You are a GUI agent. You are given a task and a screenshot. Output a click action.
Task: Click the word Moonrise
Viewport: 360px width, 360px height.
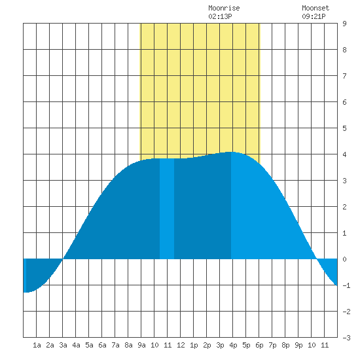[224, 8]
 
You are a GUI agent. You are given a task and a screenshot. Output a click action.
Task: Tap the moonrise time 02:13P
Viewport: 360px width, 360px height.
[220, 16]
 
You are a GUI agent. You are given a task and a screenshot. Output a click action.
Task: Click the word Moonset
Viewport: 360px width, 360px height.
[315, 8]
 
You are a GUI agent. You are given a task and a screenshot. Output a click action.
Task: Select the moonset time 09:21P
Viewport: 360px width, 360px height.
[314, 16]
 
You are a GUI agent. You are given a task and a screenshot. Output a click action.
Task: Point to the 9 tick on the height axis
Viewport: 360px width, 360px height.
[344, 24]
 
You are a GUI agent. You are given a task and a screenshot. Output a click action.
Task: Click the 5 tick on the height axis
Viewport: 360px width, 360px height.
[344, 128]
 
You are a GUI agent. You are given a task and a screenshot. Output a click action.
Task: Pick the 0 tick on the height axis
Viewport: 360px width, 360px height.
[344, 259]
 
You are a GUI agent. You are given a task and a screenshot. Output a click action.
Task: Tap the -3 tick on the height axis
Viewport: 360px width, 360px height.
[346, 338]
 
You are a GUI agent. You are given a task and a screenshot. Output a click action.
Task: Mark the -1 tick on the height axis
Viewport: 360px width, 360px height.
[346, 285]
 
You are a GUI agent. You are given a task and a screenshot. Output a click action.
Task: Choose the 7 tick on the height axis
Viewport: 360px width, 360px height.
[344, 76]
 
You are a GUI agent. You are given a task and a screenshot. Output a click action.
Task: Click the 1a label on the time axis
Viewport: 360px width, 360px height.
[37, 345]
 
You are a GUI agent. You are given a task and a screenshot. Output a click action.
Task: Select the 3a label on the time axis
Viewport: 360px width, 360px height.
[63, 345]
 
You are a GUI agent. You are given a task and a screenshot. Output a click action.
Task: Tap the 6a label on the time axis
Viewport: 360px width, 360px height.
[102, 345]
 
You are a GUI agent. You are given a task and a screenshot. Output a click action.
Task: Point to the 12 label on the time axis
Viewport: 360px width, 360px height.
[181, 345]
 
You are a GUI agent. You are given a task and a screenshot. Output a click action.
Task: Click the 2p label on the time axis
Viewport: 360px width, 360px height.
[207, 345]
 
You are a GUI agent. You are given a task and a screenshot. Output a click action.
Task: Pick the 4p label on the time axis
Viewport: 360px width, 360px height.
[233, 345]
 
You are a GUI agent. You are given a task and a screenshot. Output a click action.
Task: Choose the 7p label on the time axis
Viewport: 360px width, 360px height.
[272, 345]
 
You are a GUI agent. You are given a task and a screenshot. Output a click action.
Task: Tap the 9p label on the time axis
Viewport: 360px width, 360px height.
[298, 345]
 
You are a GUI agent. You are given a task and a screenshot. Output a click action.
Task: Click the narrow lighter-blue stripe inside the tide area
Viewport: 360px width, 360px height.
[167, 209]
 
